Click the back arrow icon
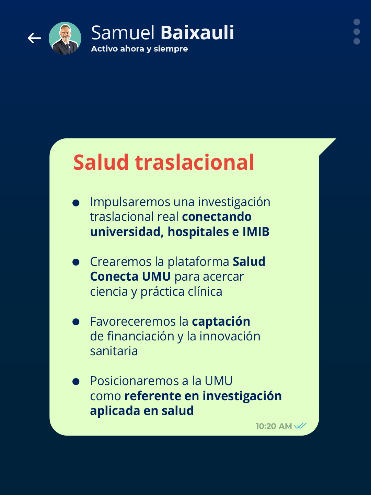point(34,38)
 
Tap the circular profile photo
point(65,38)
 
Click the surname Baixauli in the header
point(197,33)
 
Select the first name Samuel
point(123,33)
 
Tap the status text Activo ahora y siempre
point(139,49)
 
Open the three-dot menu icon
point(357,32)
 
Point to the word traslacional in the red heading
point(195,162)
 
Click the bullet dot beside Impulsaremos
point(76,203)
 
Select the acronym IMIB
point(256,232)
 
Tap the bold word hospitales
point(198,232)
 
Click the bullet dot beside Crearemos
point(76,262)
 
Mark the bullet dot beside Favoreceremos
point(76,322)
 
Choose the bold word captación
point(221,322)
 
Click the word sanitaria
point(114,351)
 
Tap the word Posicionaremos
point(135,381)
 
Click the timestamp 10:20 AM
point(274,426)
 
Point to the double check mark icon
point(300,426)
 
